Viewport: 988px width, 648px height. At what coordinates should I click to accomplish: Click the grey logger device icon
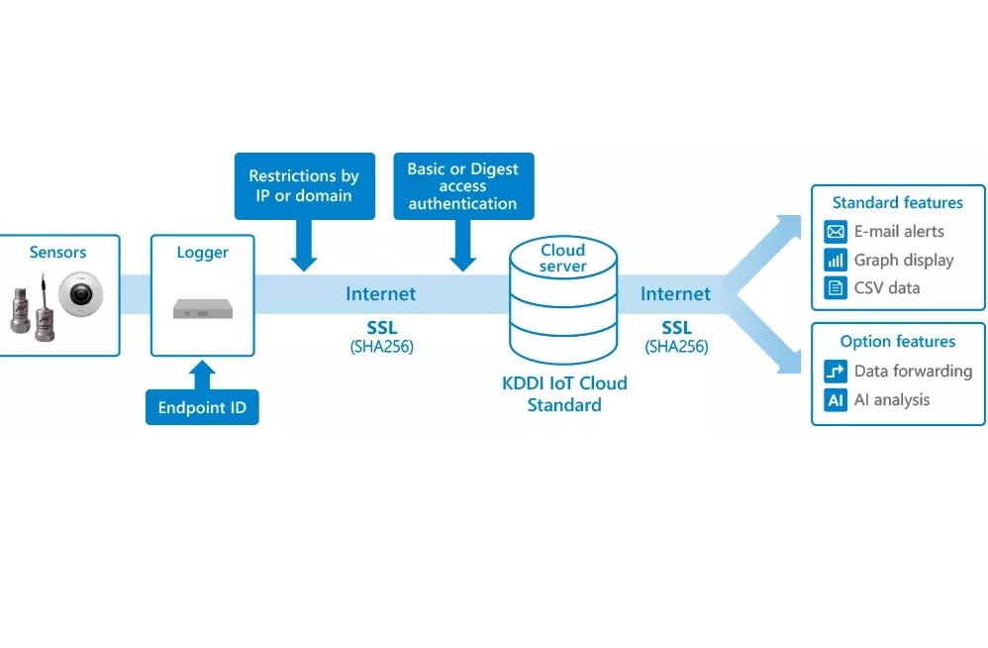click(x=202, y=310)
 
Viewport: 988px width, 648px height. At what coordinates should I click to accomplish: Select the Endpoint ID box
click(x=202, y=407)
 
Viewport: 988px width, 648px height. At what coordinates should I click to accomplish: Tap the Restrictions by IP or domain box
click(x=304, y=186)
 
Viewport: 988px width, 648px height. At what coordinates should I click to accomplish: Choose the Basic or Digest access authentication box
click(x=463, y=186)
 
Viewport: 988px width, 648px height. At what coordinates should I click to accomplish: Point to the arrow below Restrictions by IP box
click(x=304, y=249)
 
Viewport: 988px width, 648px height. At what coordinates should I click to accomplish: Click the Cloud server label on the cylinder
click(x=562, y=258)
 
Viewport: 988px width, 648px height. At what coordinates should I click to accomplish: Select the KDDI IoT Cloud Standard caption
click(x=564, y=393)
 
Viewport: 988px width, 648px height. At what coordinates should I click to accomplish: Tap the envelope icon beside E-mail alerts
click(x=836, y=232)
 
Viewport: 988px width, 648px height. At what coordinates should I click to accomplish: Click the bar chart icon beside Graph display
click(x=836, y=261)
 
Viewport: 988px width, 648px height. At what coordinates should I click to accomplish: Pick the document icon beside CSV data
click(x=836, y=288)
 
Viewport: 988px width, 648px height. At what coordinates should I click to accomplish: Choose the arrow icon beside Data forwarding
click(x=836, y=372)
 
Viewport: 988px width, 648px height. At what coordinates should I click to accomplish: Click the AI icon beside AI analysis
click(x=836, y=400)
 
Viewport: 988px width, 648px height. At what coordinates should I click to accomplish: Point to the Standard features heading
click(x=897, y=203)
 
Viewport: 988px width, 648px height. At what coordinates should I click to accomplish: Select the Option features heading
click(x=897, y=342)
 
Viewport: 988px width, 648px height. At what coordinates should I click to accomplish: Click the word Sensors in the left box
click(x=58, y=253)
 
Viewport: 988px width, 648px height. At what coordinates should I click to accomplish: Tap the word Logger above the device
click(x=202, y=253)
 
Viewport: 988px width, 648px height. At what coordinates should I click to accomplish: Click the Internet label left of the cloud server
click(x=380, y=294)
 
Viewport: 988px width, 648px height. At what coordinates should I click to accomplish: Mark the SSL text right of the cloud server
click(x=676, y=328)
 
